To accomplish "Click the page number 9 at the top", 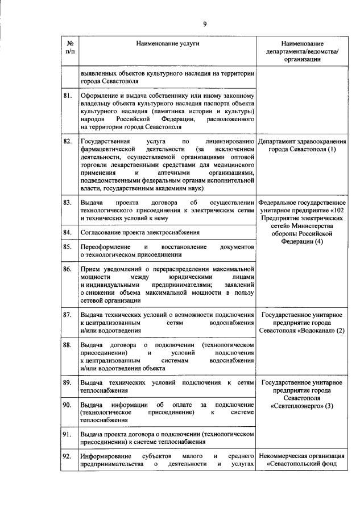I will click(x=205, y=23).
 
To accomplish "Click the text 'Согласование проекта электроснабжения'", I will click(x=140, y=232).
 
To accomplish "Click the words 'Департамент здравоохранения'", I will click(x=301, y=141).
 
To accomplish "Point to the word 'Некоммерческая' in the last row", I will click(x=283, y=456).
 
